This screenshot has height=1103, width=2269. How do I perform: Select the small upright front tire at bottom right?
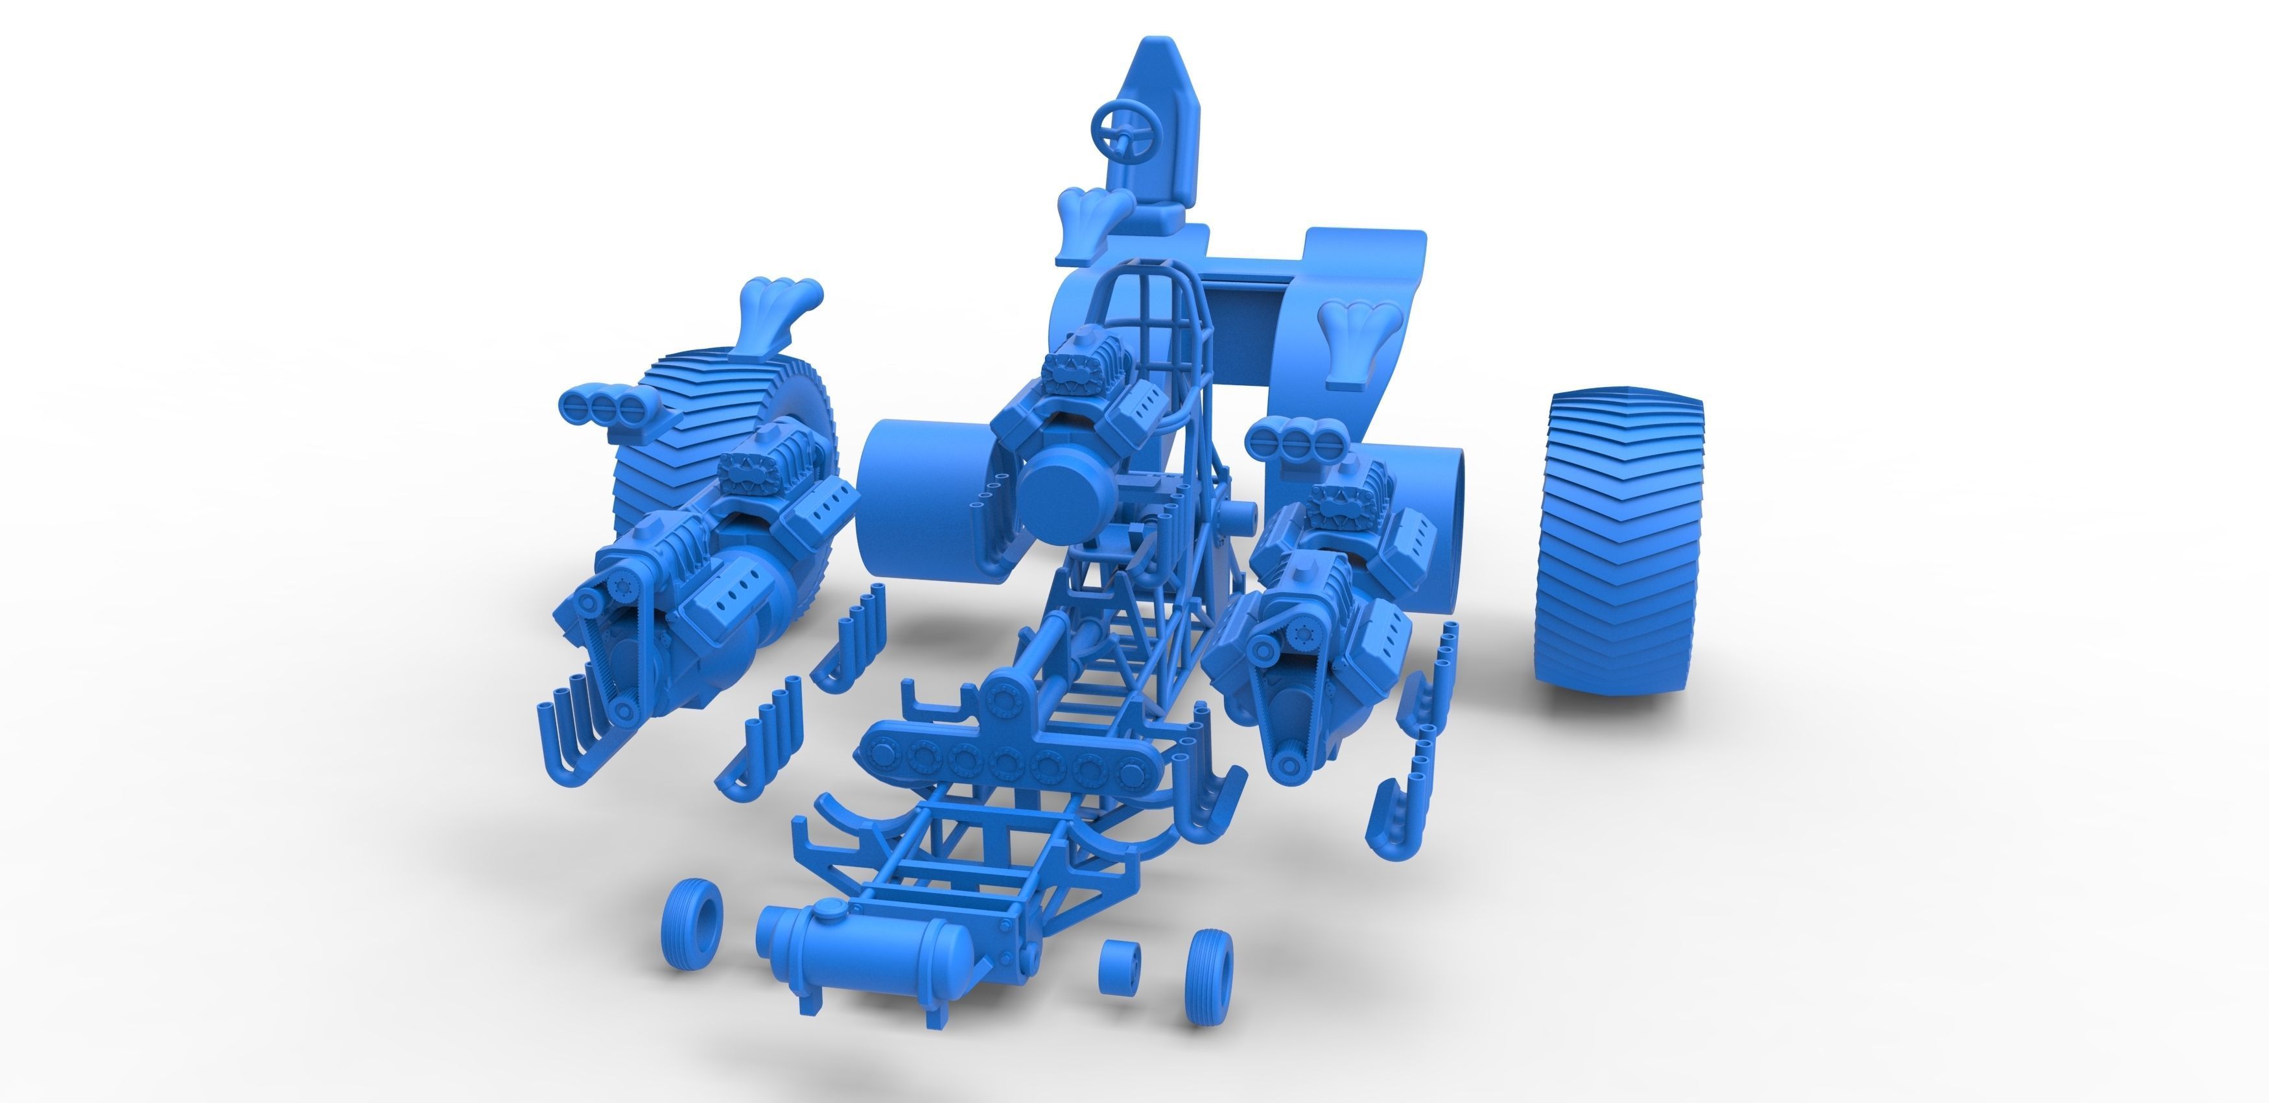[1208, 977]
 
